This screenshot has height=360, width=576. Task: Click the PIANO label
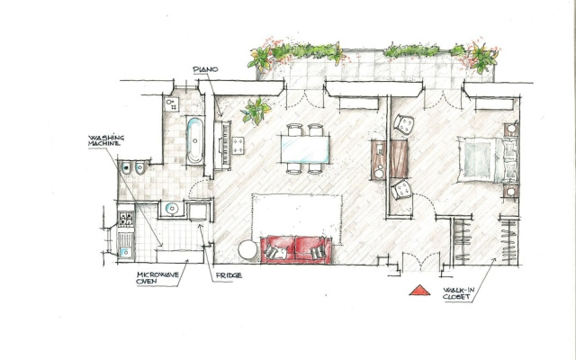pos(205,69)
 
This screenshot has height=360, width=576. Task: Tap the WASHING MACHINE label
pos(106,140)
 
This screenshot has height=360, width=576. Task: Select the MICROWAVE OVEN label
pos(157,278)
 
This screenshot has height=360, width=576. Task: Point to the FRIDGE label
pos(229,275)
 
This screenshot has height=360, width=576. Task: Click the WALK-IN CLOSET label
pos(458,293)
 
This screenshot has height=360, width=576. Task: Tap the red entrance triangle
pos(419,290)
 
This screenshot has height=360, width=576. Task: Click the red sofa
pos(296,250)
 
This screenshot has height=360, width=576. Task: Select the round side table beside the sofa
pos(248,250)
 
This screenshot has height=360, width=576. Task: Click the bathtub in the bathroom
pos(195,140)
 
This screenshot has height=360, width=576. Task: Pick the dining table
pos(305,149)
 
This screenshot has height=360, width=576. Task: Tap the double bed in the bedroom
pos(488,160)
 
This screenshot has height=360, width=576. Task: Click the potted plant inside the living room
pos(256,110)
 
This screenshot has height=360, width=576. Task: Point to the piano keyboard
pos(226,145)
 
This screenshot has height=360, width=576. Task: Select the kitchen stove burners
pos(126,219)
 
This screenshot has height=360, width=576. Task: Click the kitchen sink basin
pos(125,252)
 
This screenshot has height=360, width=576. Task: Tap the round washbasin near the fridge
pos(172,209)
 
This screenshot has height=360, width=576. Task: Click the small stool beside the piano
pos(238,146)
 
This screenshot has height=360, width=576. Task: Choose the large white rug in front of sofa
pos(297,216)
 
